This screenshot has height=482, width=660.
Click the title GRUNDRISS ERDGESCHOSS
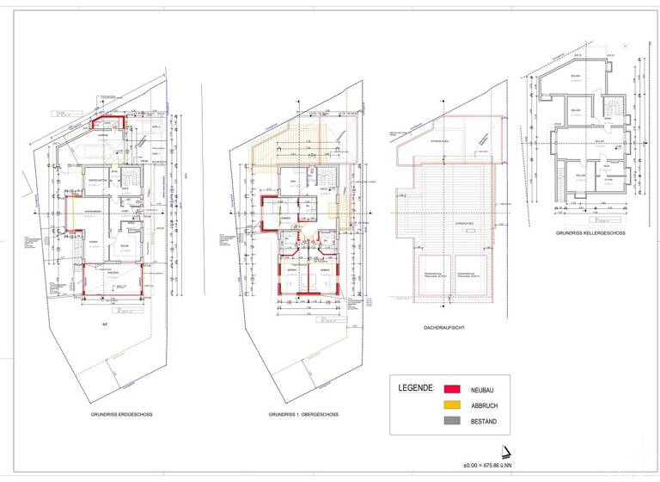121,415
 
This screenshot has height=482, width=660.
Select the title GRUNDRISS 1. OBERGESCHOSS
303,415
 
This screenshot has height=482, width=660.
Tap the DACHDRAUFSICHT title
445,328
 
